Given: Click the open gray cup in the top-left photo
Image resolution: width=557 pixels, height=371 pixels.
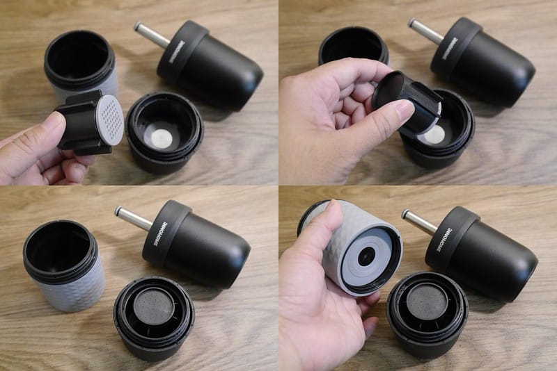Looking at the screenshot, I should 80,66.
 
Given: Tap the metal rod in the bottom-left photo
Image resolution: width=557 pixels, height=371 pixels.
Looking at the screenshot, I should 133,218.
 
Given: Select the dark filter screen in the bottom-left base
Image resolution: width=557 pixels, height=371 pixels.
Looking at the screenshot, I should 154,310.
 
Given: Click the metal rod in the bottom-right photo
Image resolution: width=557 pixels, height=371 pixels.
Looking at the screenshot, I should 418,221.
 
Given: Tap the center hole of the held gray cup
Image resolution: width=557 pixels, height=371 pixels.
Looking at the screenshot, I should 365,256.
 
